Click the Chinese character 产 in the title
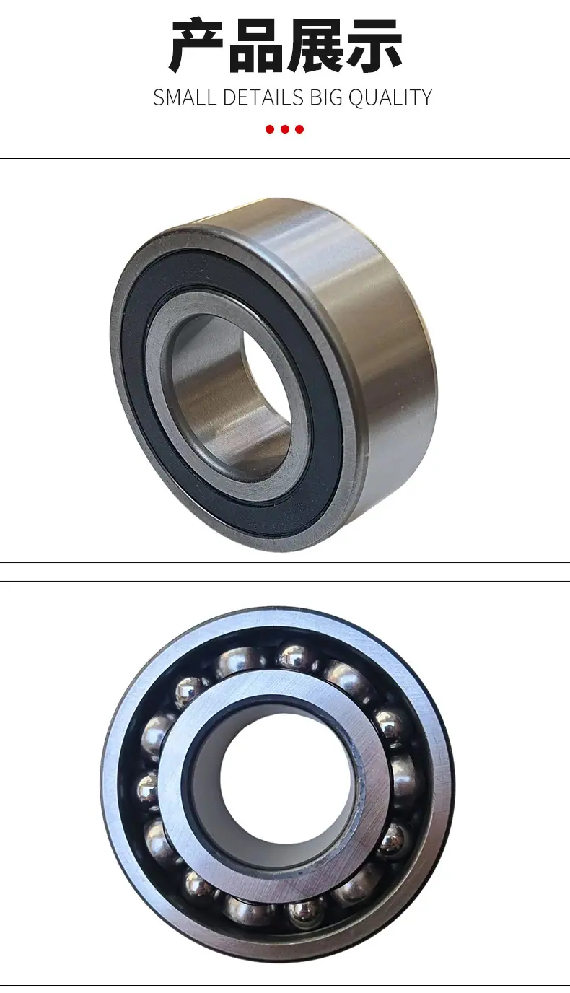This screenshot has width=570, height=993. click(x=196, y=45)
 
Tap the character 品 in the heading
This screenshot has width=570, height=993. click(x=255, y=46)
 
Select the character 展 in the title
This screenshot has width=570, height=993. click(x=315, y=46)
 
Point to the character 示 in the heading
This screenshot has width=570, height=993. click(x=374, y=46)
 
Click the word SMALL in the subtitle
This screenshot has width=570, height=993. click(x=185, y=97)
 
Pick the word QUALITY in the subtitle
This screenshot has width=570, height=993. click(x=390, y=97)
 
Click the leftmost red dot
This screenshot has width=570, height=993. click(x=270, y=129)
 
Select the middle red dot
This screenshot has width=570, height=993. click(x=285, y=129)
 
